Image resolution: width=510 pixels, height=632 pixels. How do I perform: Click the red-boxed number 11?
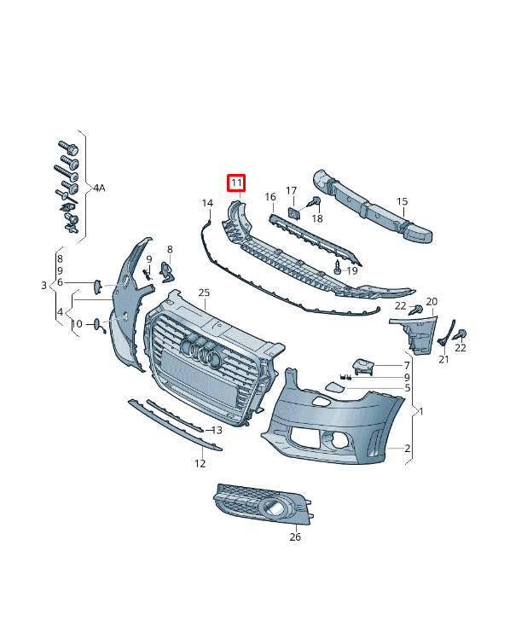click(235, 183)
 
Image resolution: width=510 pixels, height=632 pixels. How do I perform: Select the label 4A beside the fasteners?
click(100, 188)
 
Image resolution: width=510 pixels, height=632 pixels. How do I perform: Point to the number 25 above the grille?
click(204, 293)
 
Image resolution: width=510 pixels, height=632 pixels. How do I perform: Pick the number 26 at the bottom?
click(295, 536)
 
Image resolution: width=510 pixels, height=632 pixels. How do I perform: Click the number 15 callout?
click(403, 202)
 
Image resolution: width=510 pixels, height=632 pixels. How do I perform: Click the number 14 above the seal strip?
click(207, 203)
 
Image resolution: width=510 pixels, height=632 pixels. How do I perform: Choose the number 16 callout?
click(270, 197)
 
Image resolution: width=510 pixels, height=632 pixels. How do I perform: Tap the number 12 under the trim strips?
click(200, 464)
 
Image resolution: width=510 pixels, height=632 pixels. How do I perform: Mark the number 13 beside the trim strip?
click(217, 431)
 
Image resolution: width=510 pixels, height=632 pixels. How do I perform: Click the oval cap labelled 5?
click(330, 388)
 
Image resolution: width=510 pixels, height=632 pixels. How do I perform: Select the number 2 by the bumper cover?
click(407, 448)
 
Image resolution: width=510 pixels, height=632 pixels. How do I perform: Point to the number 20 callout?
click(432, 302)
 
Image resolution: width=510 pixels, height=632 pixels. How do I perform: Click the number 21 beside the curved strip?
click(443, 360)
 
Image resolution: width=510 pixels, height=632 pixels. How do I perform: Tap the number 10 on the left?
click(77, 324)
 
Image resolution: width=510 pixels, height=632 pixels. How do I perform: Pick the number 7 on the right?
click(407, 365)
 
